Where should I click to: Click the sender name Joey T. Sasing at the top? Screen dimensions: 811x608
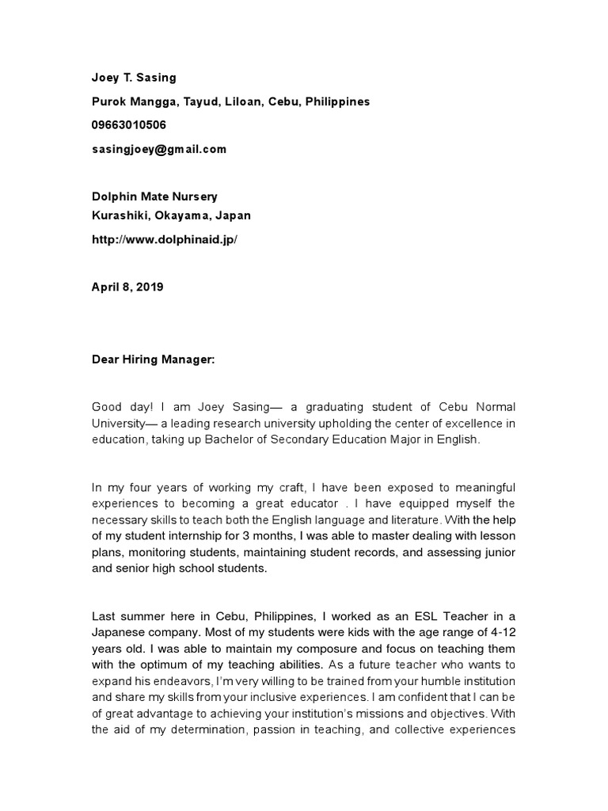point(134,78)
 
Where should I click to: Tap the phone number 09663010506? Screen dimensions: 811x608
point(129,125)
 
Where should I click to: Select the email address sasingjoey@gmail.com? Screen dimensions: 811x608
point(159,149)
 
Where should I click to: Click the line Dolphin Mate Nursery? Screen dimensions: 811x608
point(154,196)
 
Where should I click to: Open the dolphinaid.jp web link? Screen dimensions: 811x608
point(165,239)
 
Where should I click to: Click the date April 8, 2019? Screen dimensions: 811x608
point(127,287)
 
